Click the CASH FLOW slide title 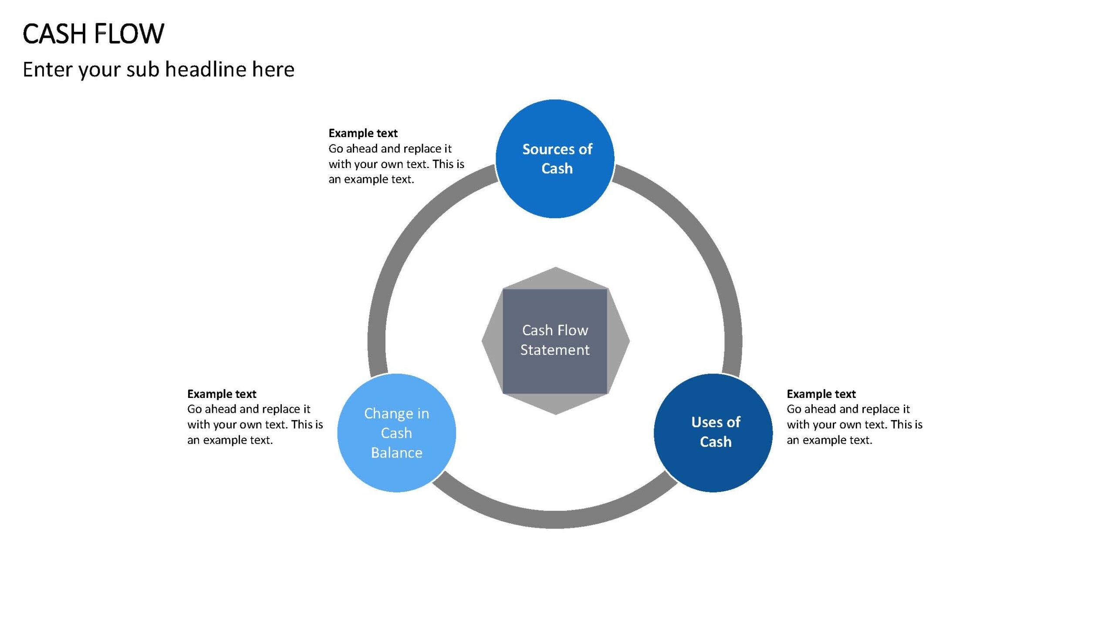(x=94, y=34)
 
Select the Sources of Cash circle (x=555, y=159)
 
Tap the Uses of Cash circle (x=713, y=433)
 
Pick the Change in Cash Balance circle (x=397, y=433)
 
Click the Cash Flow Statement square (x=555, y=341)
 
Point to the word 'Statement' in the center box (x=555, y=350)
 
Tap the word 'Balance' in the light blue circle (x=397, y=453)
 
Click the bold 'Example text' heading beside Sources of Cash (x=363, y=133)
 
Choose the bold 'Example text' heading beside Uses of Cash (x=821, y=394)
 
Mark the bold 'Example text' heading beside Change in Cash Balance (x=222, y=394)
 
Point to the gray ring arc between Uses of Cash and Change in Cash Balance (x=555, y=519)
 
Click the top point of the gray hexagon (x=555, y=267)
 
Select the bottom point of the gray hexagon (x=555, y=415)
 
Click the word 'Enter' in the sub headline (x=47, y=69)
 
